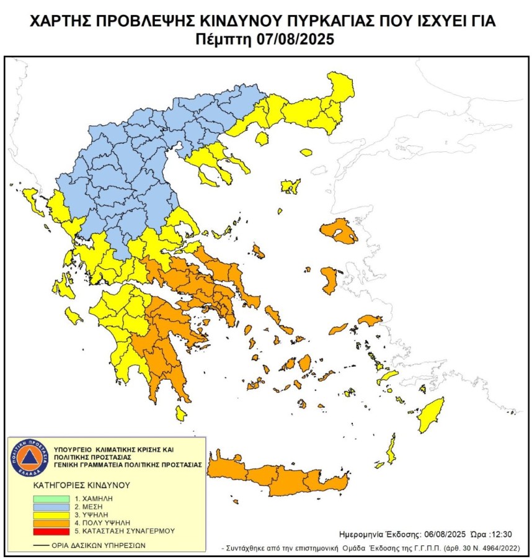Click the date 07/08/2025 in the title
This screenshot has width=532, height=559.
(x=295, y=39)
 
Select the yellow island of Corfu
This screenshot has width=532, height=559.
(x=29, y=200)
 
